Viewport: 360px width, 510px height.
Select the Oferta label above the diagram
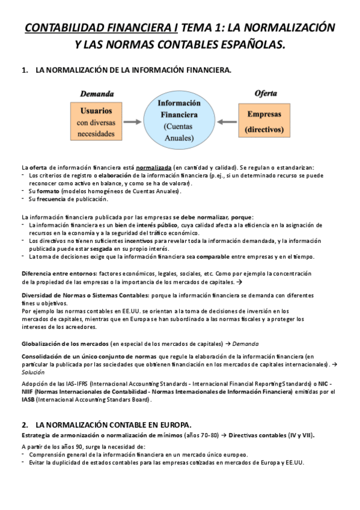pos(266,94)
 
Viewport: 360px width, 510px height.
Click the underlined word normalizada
pos(154,167)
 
